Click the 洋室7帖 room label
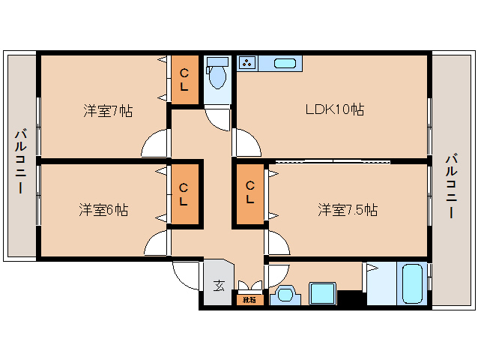pyautogui.click(x=108, y=111)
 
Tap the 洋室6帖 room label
pyautogui.click(x=103, y=209)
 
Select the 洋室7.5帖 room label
pyautogui.click(x=347, y=209)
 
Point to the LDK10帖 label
pyautogui.click(x=334, y=110)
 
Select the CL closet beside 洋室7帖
pyautogui.click(x=185, y=79)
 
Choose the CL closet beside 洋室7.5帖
pyautogui.click(x=250, y=194)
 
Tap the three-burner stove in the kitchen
pyautogui.click(x=248, y=64)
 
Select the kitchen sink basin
pyautogui.click(x=284, y=64)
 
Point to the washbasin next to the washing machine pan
pyautogui.click(x=285, y=295)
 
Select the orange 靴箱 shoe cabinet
pyautogui.click(x=249, y=300)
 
